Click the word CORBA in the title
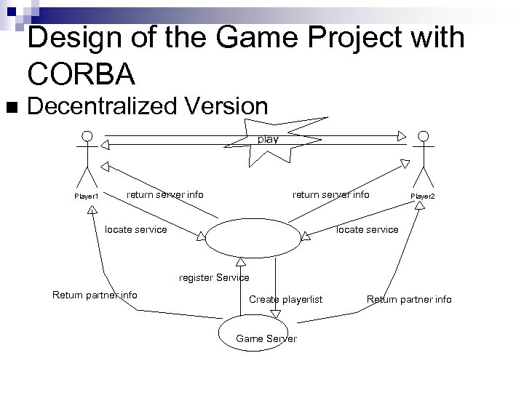point(81,73)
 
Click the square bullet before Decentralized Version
point(9,108)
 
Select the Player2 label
point(422,196)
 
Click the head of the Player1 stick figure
point(87,137)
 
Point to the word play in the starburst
point(269,139)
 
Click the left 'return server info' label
point(165,194)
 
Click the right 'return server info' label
point(330,194)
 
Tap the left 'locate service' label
point(136,229)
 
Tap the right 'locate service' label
point(367,229)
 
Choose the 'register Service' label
point(214,277)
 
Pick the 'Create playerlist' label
point(285,299)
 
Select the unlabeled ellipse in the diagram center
point(253,237)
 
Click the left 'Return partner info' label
point(95,295)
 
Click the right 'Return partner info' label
point(408,299)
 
